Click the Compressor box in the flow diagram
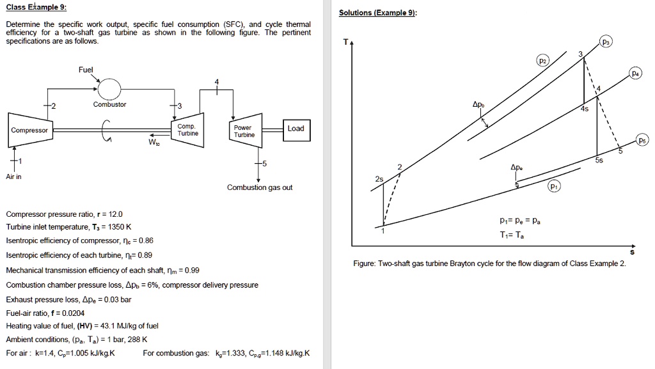click(x=29, y=130)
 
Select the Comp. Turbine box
click(x=188, y=130)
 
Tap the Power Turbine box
click(x=244, y=131)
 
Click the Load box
click(x=296, y=129)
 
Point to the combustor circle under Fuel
click(x=109, y=88)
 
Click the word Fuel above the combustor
click(x=85, y=69)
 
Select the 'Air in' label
click(x=13, y=177)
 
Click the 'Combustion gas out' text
click(x=260, y=187)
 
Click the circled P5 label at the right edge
click(x=642, y=141)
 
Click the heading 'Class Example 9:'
click(x=35, y=8)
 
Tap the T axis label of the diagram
click(x=345, y=42)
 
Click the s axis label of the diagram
click(x=633, y=253)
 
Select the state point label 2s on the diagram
click(x=379, y=180)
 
